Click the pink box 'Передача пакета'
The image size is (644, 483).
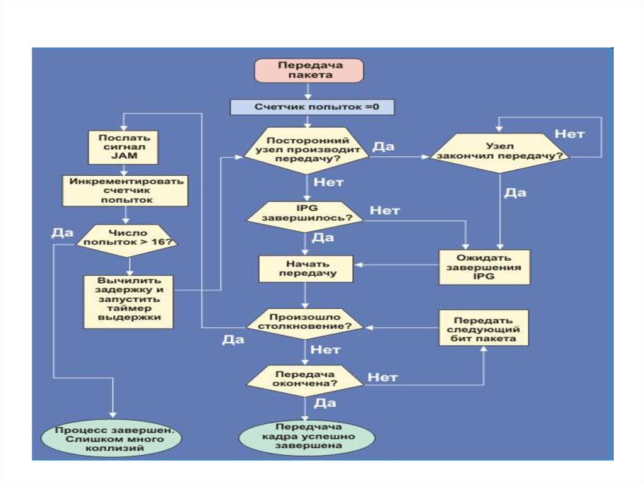(x=308, y=70)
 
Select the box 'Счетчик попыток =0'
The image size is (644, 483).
(x=312, y=107)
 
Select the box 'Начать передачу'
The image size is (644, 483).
(x=306, y=268)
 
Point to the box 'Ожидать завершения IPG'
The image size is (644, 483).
(x=484, y=267)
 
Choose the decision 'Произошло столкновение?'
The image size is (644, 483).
(x=306, y=322)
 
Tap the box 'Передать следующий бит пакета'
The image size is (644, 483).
(x=484, y=328)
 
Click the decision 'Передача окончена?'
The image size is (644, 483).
(x=306, y=378)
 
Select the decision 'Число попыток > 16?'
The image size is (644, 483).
(x=127, y=239)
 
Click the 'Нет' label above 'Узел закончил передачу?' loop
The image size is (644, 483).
(x=569, y=134)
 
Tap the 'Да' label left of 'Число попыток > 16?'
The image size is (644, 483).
(x=63, y=232)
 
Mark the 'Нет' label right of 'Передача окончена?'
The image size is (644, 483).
(x=382, y=378)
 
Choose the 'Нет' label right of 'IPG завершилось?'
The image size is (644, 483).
(x=385, y=211)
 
